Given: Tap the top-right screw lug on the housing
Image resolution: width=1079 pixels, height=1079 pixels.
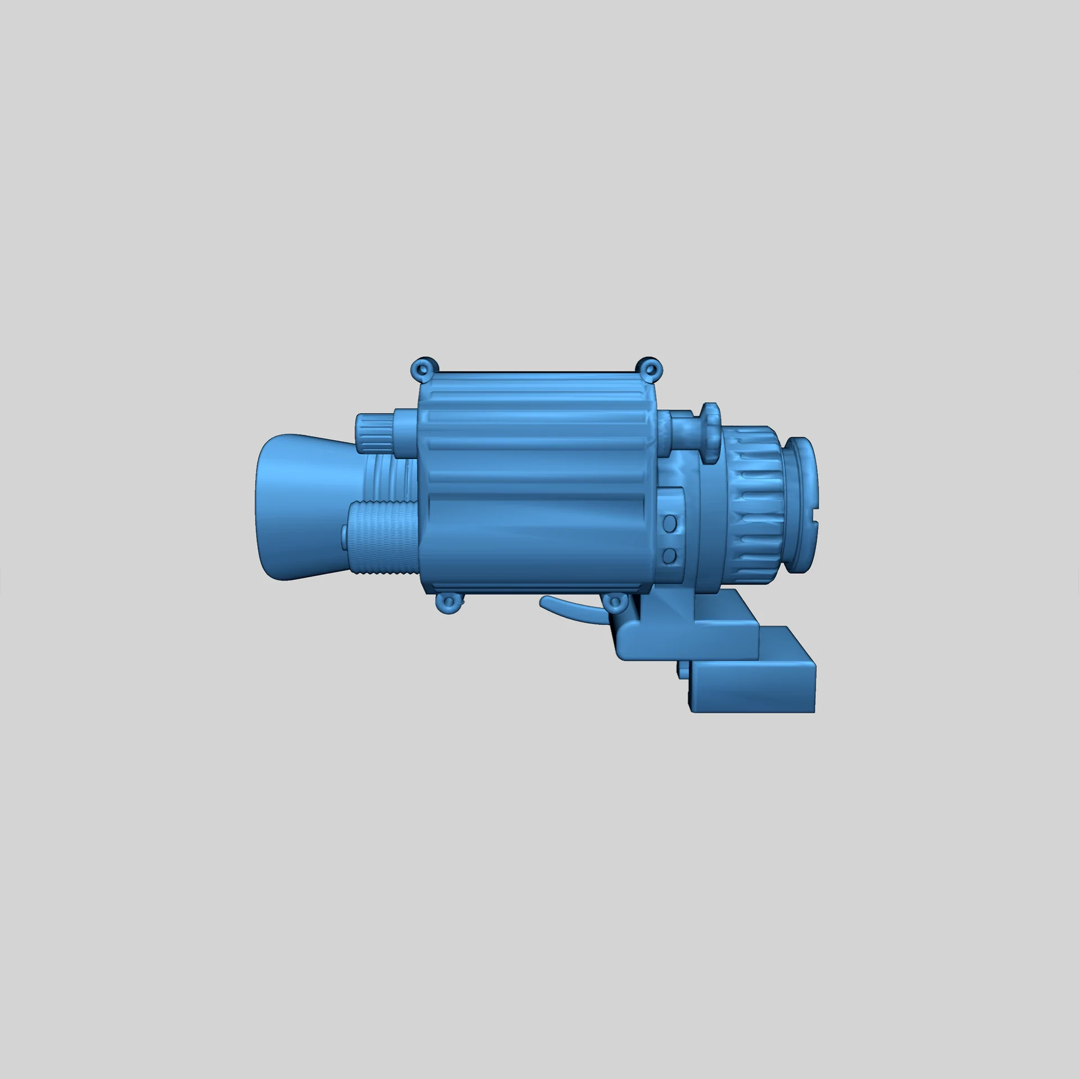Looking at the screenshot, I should [x=650, y=369].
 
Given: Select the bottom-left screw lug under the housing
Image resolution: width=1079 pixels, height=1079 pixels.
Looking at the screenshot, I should [x=448, y=602].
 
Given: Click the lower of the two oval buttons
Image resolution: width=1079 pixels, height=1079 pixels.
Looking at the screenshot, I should [x=669, y=556].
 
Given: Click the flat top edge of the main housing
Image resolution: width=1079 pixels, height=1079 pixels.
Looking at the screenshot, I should [x=534, y=373].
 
